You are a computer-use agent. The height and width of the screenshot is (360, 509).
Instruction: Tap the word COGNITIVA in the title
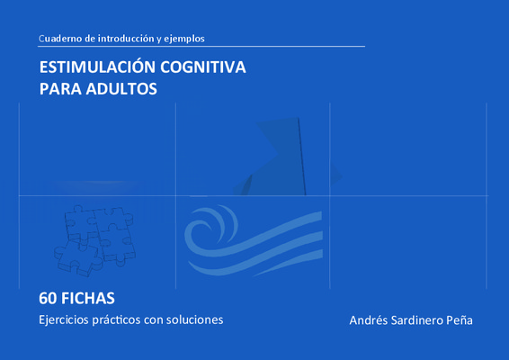pyautogui.click(x=203, y=67)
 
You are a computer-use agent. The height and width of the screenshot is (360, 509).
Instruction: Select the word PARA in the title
pyautogui.click(x=60, y=89)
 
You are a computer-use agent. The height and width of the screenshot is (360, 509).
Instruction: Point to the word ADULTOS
pyautogui.click(x=121, y=89)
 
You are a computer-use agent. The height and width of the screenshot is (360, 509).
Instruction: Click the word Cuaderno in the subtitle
pyautogui.click(x=60, y=39)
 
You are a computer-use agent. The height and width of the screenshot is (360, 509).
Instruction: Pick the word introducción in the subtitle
pyautogui.click(x=126, y=39)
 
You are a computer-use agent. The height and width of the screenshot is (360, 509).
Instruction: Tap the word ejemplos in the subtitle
pyautogui.click(x=184, y=40)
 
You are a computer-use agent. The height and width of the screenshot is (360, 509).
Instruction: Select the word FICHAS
pyautogui.click(x=88, y=298)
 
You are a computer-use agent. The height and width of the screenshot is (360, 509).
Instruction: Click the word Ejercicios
pyautogui.click(x=64, y=320)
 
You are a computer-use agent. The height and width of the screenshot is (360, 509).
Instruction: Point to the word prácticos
pyautogui.click(x=116, y=320)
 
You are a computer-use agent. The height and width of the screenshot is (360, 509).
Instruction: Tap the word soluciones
pyautogui.click(x=195, y=320)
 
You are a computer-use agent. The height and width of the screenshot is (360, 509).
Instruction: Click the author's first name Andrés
pyautogui.click(x=368, y=320)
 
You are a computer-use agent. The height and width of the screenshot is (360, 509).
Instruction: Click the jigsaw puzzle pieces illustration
pyautogui.click(x=94, y=241)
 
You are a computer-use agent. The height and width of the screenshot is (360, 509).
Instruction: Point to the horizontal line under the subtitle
pyautogui.click(x=201, y=47)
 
